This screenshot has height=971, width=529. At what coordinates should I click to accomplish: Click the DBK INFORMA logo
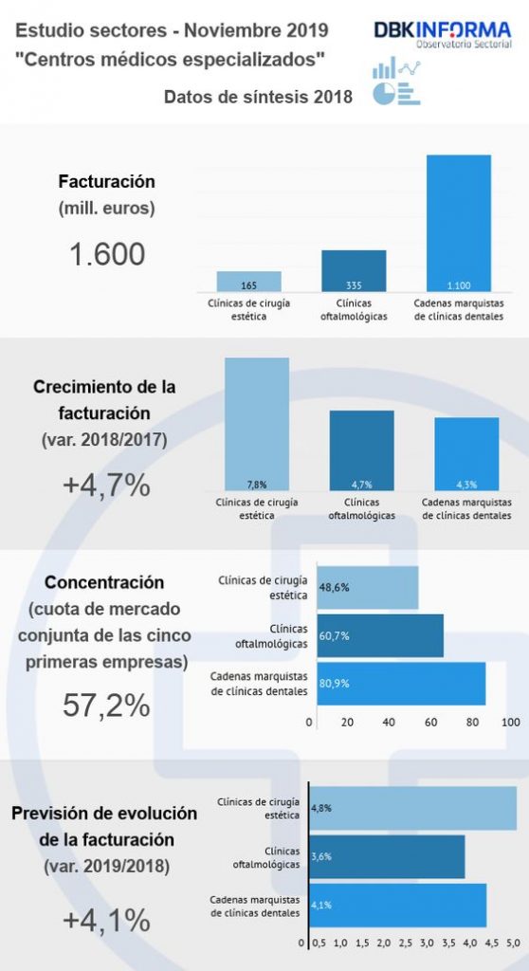443,34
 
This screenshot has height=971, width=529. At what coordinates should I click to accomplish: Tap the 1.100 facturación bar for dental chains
459,223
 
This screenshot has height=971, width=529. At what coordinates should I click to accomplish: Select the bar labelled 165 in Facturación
249,281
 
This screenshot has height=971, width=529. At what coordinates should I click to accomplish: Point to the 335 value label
354,285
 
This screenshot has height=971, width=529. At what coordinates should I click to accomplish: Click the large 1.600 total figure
108,254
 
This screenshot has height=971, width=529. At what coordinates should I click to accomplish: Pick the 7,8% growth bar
257,424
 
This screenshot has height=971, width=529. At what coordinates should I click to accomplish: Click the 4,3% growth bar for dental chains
466,454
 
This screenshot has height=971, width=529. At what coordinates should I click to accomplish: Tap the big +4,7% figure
106,486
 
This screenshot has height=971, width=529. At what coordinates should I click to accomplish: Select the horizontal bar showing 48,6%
368,587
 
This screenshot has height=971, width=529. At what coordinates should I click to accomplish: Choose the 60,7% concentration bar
380,635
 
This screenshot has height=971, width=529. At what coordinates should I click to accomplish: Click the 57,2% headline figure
106,705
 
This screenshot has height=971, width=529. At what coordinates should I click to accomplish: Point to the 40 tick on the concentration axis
389,722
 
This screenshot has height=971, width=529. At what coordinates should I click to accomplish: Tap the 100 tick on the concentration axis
511,722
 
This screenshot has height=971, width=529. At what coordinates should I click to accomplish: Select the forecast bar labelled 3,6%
387,856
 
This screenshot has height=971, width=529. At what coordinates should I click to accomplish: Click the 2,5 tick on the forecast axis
405,944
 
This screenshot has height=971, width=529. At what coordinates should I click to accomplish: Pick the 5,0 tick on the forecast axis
514,944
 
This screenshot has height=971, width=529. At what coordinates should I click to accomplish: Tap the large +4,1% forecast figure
106,921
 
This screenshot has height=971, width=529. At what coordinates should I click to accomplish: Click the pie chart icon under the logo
384,94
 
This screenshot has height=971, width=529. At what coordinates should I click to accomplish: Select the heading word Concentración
104,583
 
